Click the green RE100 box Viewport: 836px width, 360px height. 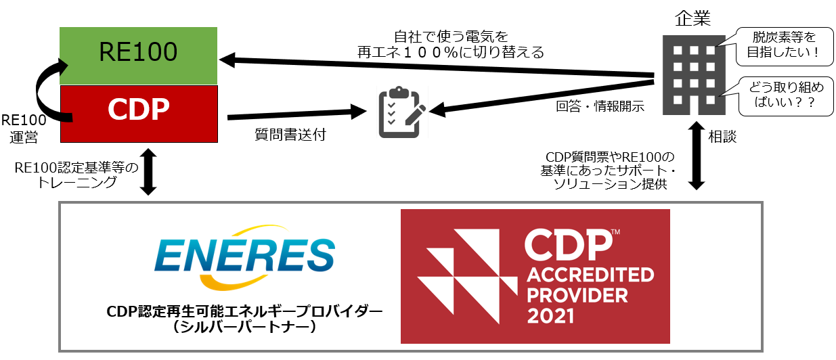(x=138, y=55)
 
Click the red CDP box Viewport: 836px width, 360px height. (x=138, y=113)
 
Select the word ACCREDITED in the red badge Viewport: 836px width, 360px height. (x=591, y=275)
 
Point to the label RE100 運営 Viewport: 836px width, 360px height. (x=23, y=129)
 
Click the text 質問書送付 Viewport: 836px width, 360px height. (x=288, y=135)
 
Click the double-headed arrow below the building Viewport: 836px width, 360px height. (x=698, y=158)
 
